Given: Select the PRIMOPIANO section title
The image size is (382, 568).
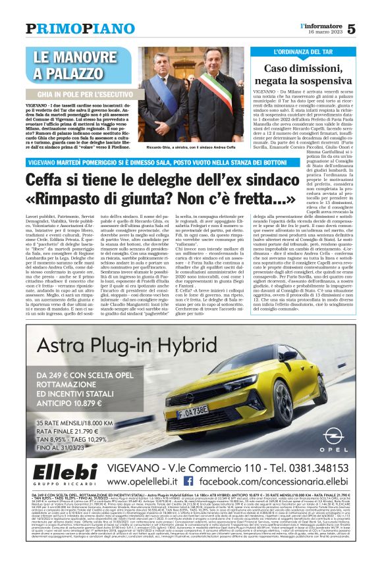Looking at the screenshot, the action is point(70,28).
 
